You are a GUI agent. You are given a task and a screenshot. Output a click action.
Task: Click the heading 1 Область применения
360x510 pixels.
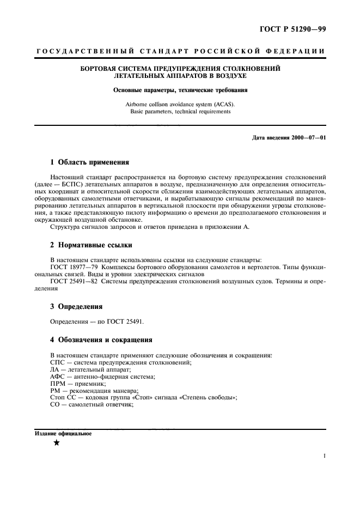coord(89,162)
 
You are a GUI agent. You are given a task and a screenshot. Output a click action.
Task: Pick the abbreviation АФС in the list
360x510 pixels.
coord(58,377)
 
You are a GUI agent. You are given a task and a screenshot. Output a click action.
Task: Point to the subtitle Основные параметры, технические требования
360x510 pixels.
coord(180,90)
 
